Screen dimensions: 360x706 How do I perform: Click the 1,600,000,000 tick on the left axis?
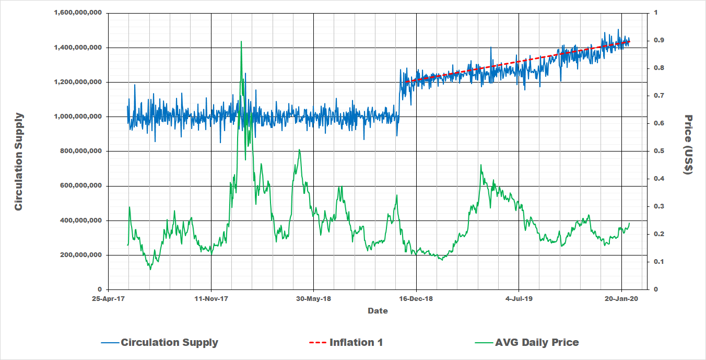(77, 13)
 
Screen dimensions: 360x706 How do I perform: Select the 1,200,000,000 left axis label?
(77, 82)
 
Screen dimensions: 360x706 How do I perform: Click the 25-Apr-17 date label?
(109, 299)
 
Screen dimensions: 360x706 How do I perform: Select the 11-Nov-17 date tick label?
(211, 299)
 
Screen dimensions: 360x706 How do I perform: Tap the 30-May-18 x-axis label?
(314, 299)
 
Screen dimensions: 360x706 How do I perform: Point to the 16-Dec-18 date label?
(416, 299)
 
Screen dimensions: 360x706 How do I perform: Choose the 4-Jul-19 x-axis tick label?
(519, 299)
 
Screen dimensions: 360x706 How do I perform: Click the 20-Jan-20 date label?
(621, 299)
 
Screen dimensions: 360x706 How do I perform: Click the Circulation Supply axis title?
(19, 161)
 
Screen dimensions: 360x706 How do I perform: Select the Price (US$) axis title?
(688, 145)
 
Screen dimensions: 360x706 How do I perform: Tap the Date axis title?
(378, 311)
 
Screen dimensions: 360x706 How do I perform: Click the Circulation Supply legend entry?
(169, 343)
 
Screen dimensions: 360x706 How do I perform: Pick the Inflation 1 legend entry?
(356, 343)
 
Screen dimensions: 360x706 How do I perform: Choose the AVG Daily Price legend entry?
(537, 343)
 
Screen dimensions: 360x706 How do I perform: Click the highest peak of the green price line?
(241, 41)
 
